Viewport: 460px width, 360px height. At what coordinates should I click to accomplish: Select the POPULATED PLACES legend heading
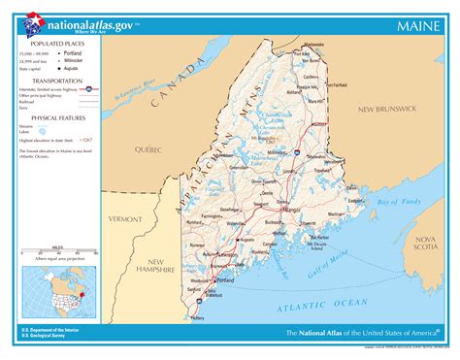pyautogui.click(x=54, y=45)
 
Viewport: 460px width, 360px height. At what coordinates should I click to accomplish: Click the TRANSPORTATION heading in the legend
pyautogui.click(x=54, y=81)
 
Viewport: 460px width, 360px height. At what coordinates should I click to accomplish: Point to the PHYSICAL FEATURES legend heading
pyautogui.click(x=55, y=115)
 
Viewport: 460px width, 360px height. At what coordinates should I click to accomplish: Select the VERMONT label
pyautogui.click(x=125, y=219)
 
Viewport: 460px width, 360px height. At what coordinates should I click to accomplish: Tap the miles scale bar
pyautogui.click(x=54, y=252)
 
